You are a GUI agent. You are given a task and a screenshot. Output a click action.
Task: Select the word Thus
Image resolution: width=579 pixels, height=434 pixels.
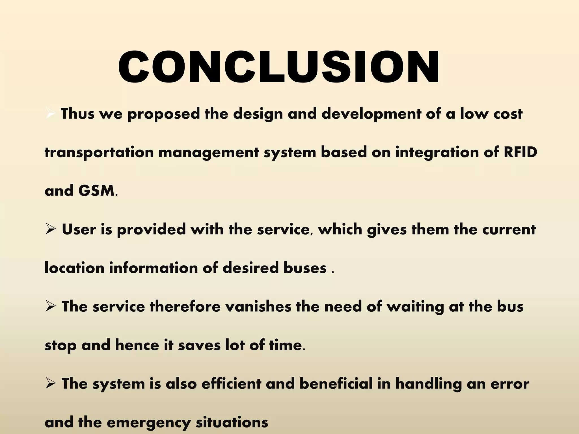tap(77, 114)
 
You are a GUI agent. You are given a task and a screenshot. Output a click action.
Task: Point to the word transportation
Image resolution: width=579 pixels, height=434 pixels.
tap(99, 153)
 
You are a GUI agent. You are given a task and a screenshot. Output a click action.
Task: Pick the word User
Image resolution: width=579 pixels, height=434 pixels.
tap(79, 229)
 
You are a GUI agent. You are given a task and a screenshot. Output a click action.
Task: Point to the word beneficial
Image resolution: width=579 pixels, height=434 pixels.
tap(336, 384)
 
